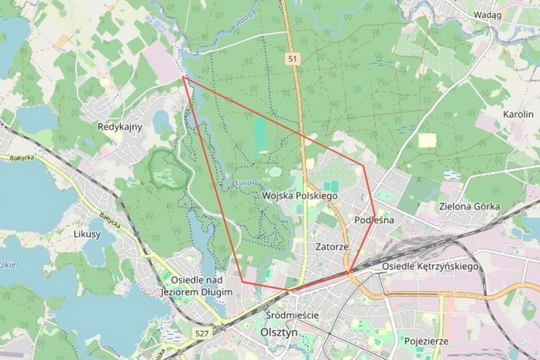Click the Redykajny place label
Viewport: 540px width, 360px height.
coord(120,127)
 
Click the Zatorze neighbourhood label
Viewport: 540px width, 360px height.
coord(332,247)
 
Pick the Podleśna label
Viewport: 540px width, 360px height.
coord(374,220)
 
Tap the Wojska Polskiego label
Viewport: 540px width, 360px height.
coord(300,196)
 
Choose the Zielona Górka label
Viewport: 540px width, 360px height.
coord(469,207)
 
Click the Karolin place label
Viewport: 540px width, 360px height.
coord(518,114)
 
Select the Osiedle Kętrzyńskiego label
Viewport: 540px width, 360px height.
coord(431,266)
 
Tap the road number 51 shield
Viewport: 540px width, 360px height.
coord(291,60)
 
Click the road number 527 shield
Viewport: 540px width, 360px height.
coord(202,333)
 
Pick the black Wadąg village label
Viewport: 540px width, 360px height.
coord(488,14)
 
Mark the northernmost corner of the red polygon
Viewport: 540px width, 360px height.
coord(183,77)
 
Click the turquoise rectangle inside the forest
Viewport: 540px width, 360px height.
coord(259,132)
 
